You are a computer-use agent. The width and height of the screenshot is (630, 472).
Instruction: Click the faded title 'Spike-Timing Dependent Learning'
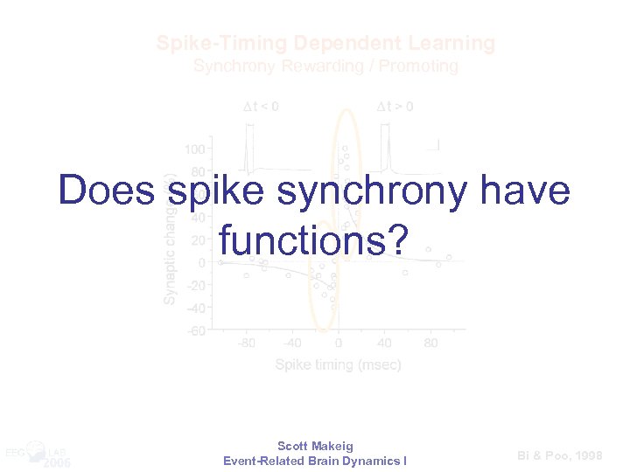pyautogui.click(x=325, y=43)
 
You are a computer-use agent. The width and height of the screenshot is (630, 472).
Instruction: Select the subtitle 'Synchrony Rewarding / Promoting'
pyautogui.click(x=325, y=66)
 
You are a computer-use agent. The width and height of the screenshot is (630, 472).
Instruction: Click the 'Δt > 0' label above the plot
pyautogui.click(x=395, y=107)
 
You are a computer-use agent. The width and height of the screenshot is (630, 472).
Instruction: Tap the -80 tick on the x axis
pyautogui.click(x=247, y=344)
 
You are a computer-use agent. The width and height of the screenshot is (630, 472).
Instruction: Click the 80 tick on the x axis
pyautogui.click(x=430, y=344)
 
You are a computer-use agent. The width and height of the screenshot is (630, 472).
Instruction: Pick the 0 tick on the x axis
pyautogui.click(x=339, y=344)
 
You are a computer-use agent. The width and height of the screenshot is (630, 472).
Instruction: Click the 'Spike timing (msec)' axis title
pyautogui.click(x=339, y=364)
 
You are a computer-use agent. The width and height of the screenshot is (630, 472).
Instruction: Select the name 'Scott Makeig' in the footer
pyautogui.click(x=315, y=446)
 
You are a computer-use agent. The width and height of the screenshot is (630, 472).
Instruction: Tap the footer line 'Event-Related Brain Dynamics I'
pyautogui.click(x=315, y=461)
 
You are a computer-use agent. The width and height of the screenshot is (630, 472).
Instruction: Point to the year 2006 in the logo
pyautogui.click(x=58, y=462)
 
